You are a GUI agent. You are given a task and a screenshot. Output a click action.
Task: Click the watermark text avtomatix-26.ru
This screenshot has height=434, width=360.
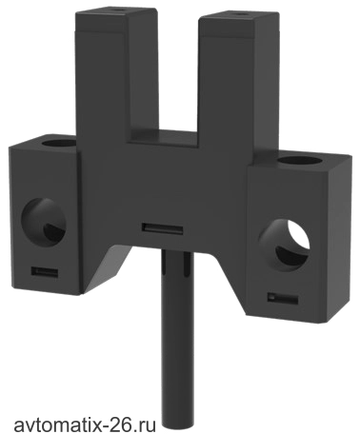[x=85, y=424]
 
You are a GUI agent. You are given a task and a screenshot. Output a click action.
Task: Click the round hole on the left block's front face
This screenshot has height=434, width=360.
[x=44, y=221]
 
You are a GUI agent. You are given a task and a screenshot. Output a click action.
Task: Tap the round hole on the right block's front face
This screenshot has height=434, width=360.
[x=284, y=245]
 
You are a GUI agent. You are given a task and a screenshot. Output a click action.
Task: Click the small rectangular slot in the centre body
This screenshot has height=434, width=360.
[x=162, y=228]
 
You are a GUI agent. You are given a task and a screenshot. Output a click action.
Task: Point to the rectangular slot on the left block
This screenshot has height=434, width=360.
[x=45, y=272]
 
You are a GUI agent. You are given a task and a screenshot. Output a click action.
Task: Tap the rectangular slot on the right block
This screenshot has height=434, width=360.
[x=282, y=299]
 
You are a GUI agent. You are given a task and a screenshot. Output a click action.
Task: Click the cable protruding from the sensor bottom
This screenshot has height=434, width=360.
[x=177, y=340]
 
